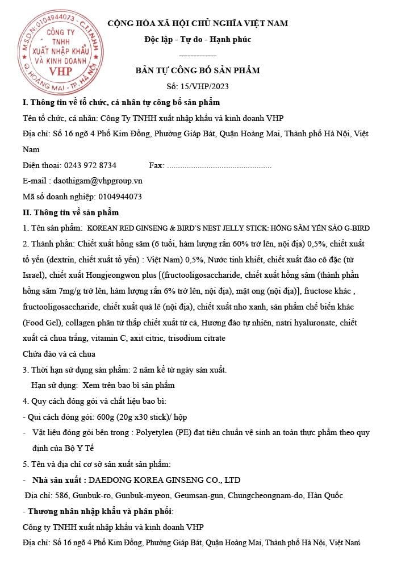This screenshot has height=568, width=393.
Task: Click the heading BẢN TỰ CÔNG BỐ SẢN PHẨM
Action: pyautogui.click(x=197, y=70)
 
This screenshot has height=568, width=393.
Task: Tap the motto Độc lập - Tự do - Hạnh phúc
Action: pyautogui.click(x=197, y=39)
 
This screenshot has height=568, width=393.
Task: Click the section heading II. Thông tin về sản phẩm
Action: pyautogui.click(x=70, y=212)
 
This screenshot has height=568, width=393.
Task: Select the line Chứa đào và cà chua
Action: pyautogui.click(x=59, y=354)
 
